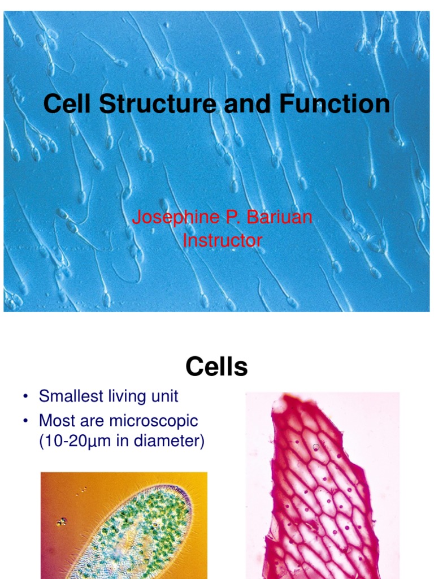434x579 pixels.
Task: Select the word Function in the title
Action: pos(334,105)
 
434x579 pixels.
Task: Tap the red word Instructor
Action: pos(223,240)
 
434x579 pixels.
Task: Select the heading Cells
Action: pos(216,368)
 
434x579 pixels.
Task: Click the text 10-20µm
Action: pos(77,441)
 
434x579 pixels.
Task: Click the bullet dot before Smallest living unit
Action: pos(25,397)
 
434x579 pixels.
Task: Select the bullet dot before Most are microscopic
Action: pos(25,421)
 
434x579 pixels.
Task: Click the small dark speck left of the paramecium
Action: pos(62,521)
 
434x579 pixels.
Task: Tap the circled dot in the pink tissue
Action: pos(316,447)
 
